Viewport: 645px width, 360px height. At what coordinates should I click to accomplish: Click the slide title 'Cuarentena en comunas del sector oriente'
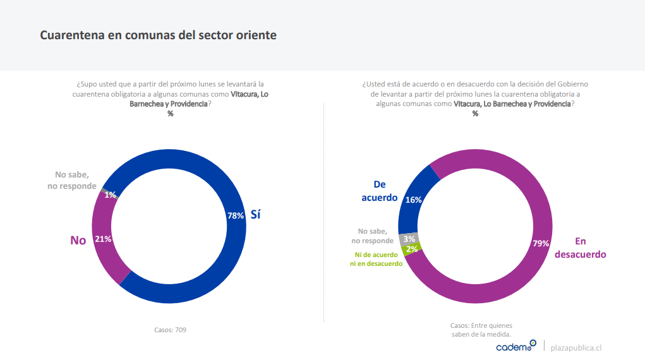click(x=158, y=35)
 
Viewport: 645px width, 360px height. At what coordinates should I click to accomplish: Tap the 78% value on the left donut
click(x=236, y=215)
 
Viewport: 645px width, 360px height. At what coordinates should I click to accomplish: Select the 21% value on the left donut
click(x=103, y=239)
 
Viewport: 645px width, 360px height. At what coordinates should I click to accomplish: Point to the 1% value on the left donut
click(x=111, y=195)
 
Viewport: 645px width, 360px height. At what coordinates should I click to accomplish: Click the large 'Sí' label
click(x=255, y=215)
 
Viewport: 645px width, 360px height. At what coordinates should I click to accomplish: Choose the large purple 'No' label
click(x=78, y=240)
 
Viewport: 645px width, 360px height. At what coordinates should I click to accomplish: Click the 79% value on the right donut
click(x=541, y=243)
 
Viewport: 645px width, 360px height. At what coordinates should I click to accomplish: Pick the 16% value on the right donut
click(x=414, y=200)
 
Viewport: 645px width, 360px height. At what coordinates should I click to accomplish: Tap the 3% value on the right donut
click(x=409, y=239)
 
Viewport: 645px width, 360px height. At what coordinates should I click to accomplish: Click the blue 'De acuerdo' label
click(x=380, y=191)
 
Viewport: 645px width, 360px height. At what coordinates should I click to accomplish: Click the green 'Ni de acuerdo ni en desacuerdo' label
click(x=376, y=260)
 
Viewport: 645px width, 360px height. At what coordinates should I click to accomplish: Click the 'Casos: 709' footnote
click(x=170, y=330)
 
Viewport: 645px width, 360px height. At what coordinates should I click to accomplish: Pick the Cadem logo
click(x=515, y=346)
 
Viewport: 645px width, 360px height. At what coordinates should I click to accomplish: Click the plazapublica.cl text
click(x=576, y=347)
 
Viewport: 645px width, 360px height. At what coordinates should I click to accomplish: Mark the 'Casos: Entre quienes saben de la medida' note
click(x=481, y=330)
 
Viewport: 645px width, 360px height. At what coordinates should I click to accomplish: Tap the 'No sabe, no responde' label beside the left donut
click(x=71, y=180)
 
